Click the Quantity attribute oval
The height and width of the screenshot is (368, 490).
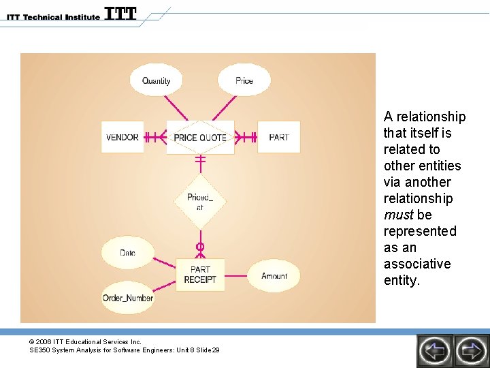coord(157,80)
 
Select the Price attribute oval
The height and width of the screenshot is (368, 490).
coord(244,80)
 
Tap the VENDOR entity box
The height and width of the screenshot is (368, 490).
coord(122,137)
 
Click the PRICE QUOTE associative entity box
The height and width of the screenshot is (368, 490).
coord(200,137)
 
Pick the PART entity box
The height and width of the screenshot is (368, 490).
coord(278,137)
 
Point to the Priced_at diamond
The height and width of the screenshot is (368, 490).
coord(200,202)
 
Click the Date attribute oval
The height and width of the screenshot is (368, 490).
coord(127,253)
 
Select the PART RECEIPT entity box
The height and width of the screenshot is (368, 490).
coord(200,274)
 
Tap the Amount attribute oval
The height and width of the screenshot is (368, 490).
coord(274,275)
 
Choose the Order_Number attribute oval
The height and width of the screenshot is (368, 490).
coord(128,298)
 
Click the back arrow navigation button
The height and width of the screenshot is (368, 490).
coord(434,351)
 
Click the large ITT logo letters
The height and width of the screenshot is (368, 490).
coord(120,14)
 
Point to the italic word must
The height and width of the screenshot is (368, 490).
coord(398,215)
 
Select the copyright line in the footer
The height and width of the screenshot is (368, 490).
coord(85,341)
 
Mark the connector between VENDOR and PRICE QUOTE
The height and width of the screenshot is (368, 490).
coord(155,137)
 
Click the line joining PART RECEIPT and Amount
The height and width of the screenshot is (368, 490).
coord(235,275)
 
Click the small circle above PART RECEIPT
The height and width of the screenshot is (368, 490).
coord(200,246)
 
